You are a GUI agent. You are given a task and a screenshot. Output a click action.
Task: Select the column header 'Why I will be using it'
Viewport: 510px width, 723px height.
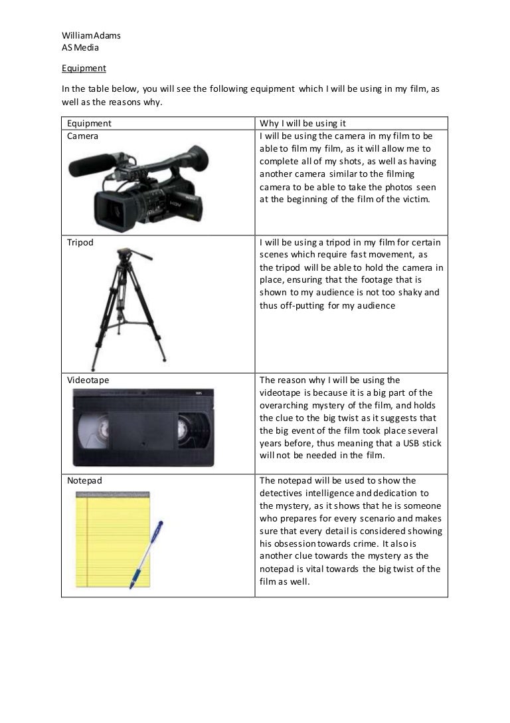pyautogui.click(x=303, y=123)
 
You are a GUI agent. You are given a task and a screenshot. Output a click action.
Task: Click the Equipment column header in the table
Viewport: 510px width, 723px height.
pyautogui.click(x=89, y=123)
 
